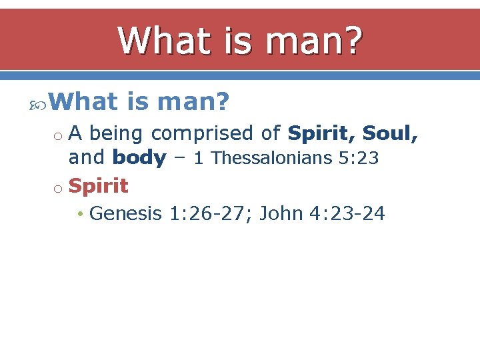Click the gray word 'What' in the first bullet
(83, 102)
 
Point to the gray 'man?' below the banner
(193, 102)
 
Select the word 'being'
(117, 134)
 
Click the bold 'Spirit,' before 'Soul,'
(321, 134)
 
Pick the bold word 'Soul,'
(391, 134)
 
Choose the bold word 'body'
(139, 158)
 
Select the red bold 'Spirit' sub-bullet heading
(98, 186)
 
